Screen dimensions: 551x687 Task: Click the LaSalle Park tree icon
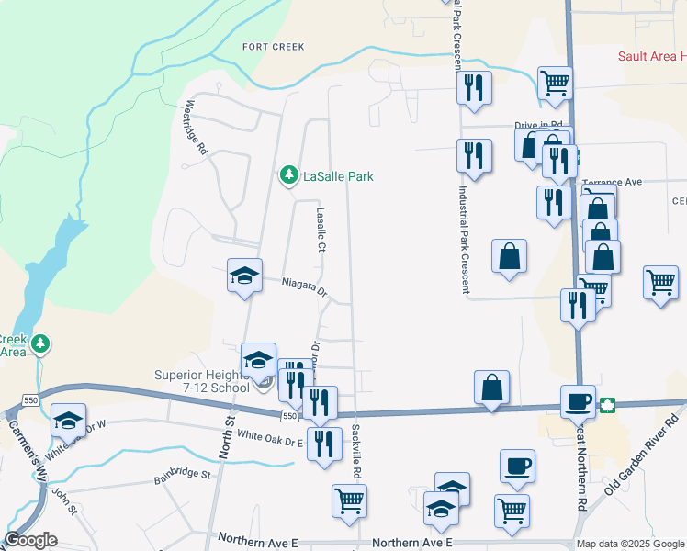tap(288, 174)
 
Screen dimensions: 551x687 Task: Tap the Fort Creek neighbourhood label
tap(273, 46)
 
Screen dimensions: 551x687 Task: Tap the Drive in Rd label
tap(538, 125)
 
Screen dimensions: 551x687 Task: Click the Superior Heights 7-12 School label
tap(201, 381)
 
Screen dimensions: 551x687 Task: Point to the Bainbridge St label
tap(183, 477)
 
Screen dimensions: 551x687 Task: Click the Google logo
tap(30, 540)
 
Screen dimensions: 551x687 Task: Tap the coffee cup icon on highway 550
tap(579, 400)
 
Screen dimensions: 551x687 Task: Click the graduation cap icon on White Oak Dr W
tap(68, 420)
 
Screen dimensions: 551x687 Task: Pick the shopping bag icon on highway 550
tap(492, 387)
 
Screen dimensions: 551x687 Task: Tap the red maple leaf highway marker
tap(607, 404)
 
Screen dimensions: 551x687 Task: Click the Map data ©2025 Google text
tap(631, 544)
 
